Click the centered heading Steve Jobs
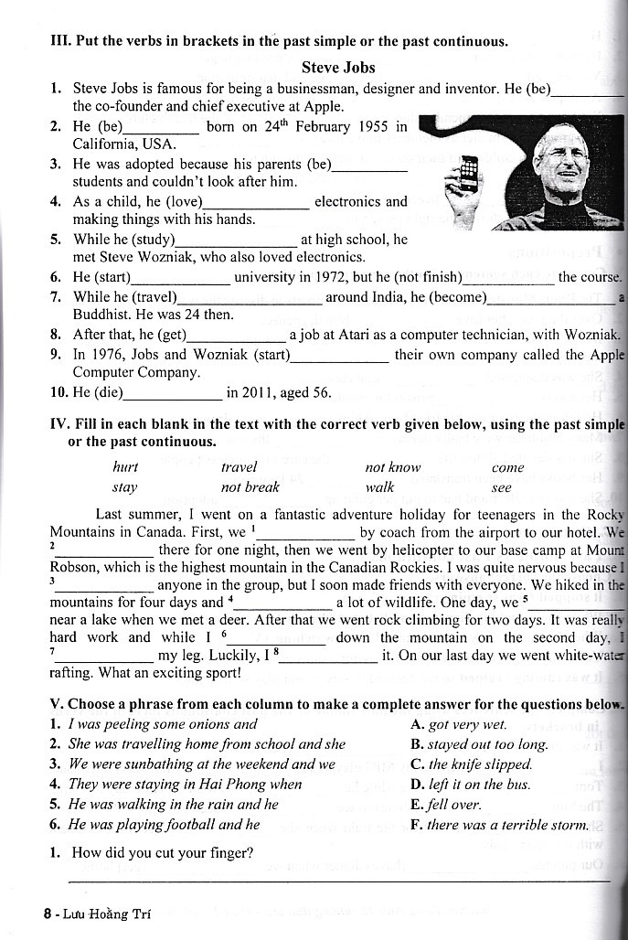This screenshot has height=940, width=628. (337, 68)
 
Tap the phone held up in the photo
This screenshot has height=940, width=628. (469, 173)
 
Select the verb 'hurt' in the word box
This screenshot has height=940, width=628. (125, 467)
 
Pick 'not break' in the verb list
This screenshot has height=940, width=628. (250, 487)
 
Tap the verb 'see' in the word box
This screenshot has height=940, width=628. (502, 487)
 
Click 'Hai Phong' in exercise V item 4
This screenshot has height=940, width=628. (236, 785)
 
